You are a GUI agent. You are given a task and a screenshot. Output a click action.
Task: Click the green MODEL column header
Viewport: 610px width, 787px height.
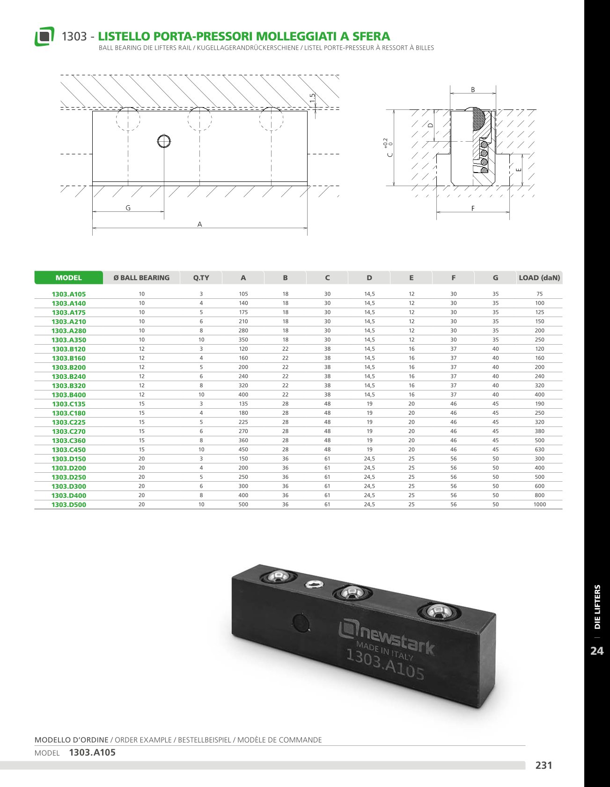click(68, 278)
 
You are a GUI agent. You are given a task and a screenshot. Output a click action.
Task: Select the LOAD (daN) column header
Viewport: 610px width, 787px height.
click(539, 278)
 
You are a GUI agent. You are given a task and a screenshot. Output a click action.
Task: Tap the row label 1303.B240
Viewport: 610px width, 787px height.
click(69, 376)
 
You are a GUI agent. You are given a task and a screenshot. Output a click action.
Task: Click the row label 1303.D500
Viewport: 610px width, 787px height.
click(69, 505)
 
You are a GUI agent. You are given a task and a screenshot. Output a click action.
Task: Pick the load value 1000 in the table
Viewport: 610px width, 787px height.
click(539, 505)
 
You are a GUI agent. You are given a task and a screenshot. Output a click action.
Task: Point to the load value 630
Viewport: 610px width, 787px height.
click(539, 450)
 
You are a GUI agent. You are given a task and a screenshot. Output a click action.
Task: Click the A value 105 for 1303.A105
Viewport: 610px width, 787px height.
click(243, 294)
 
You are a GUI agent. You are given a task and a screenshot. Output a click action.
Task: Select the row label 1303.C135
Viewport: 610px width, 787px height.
click(69, 404)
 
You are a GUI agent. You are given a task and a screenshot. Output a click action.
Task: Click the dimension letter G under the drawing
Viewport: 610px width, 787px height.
click(128, 208)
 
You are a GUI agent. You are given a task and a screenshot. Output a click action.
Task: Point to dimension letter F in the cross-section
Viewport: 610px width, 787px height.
click(473, 209)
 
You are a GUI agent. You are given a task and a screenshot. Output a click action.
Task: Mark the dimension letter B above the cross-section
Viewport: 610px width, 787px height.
click(473, 90)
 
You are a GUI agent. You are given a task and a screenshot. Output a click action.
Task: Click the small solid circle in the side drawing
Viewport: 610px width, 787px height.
click(164, 141)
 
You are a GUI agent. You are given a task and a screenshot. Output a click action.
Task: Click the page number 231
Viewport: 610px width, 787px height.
click(544, 765)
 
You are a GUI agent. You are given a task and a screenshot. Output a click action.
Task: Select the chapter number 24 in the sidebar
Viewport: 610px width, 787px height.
click(597, 651)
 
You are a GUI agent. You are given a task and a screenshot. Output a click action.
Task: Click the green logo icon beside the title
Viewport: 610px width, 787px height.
click(44, 36)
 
